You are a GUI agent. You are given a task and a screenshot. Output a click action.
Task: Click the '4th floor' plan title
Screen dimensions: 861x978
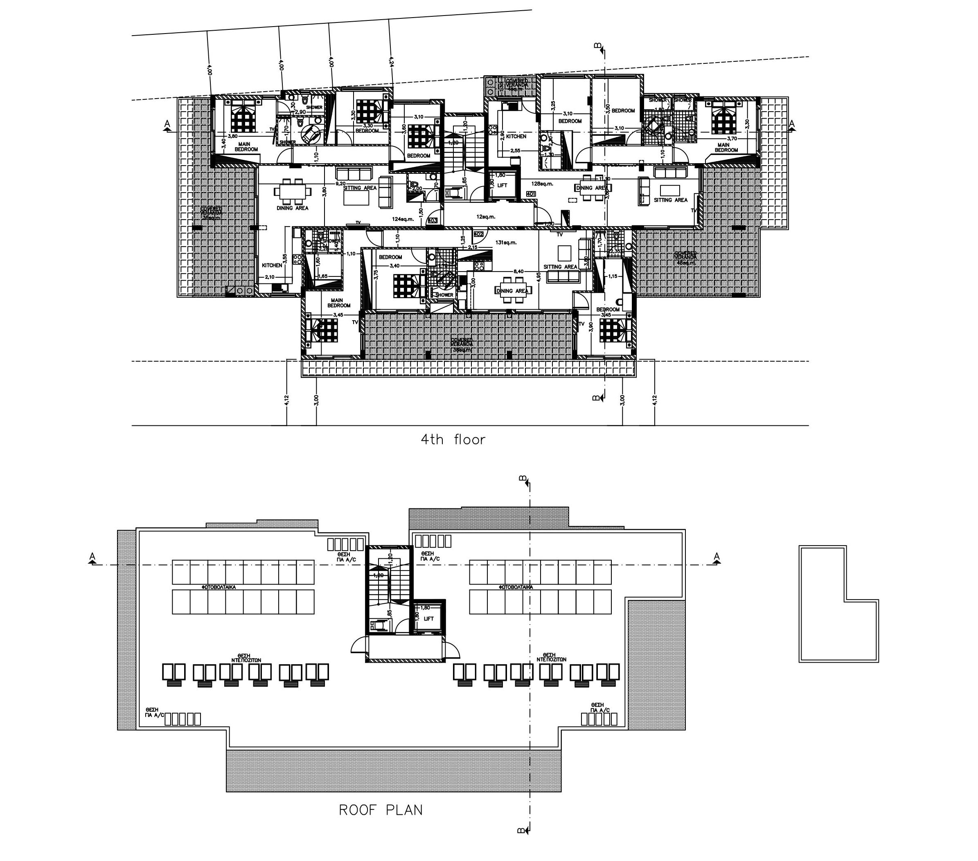pos(453,440)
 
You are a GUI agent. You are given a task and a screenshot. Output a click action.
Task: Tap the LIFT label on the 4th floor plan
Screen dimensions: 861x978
pos(502,186)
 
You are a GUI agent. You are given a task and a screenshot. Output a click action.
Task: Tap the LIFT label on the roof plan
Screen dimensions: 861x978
pos(429,619)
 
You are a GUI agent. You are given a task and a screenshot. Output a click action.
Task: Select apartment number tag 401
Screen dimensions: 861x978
pos(531,194)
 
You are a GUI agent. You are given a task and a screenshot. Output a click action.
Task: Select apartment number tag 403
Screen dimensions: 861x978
pos(433,220)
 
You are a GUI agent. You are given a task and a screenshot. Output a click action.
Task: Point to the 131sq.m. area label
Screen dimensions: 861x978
pos(506,243)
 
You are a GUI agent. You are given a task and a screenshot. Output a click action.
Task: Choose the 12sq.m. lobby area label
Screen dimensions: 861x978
pos(486,217)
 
